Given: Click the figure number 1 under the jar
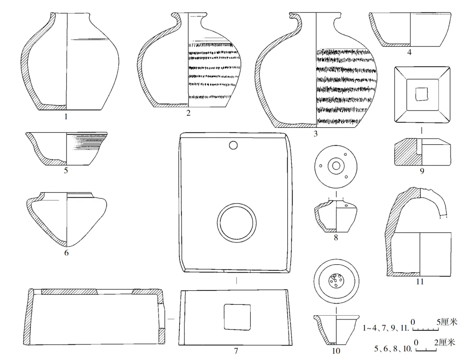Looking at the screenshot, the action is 66,117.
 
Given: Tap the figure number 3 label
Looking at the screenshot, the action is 316,133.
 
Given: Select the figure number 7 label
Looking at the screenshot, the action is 236,350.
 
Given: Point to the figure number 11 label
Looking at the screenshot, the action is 420,282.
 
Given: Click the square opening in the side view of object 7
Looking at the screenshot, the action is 237,317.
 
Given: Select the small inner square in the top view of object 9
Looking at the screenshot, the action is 421,93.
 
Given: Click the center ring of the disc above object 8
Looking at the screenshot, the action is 336,165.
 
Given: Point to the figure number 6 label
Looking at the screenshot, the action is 66,253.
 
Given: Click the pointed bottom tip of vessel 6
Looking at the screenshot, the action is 67,244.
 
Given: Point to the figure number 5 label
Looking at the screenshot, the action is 66,170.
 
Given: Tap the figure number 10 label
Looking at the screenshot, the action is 336,350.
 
